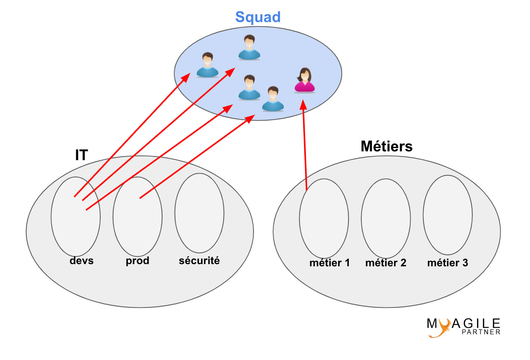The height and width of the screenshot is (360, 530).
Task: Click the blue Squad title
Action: pyautogui.click(x=258, y=17)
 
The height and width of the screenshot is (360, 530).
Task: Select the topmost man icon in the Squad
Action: pyautogui.click(x=249, y=47)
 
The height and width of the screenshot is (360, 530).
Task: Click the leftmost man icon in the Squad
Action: pyautogui.click(x=207, y=65)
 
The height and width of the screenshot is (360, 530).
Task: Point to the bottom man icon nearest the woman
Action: pyautogui.click(x=273, y=99)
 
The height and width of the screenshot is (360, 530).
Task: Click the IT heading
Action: pyautogui.click(x=81, y=155)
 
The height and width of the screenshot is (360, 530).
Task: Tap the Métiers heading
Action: pyautogui.click(x=386, y=146)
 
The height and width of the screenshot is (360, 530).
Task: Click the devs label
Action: pyautogui.click(x=81, y=260)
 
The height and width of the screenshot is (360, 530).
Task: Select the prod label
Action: pyautogui.click(x=137, y=260)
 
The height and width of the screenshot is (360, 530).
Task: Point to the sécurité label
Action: pyautogui.click(x=199, y=260)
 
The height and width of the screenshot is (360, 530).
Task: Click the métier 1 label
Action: pyautogui.click(x=329, y=263)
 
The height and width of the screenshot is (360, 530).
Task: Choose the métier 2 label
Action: pyautogui.click(x=386, y=263)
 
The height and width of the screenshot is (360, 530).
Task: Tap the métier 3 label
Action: pyautogui.click(x=447, y=263)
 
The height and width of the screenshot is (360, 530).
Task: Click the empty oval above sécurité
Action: pyautogui.click(x=199, y=213)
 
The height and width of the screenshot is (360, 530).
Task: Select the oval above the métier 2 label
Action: pyautogui.click(x=386, y=218)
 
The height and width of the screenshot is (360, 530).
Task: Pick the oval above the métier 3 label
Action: pyautogui.click(x=447, y=215)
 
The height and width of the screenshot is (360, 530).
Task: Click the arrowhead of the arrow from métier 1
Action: pyautogui.click(x=303, y=105)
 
